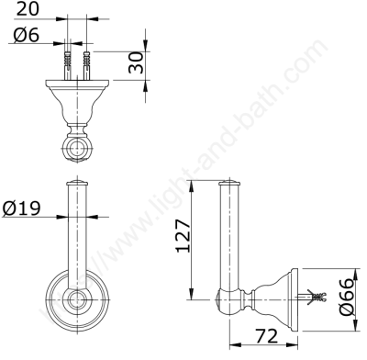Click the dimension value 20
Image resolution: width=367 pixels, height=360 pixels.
[x=28, y=8]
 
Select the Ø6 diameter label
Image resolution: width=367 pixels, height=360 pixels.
[x=27, y=34]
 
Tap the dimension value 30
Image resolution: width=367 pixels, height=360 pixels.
[x=136, y=62]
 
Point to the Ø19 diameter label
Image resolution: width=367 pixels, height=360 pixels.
[x=21, y=208]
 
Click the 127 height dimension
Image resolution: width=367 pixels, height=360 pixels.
[x=183, y=236]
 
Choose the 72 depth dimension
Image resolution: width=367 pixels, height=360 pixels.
[x=266, y=336]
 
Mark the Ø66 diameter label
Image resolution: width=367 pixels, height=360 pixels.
[x=347, y=297]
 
